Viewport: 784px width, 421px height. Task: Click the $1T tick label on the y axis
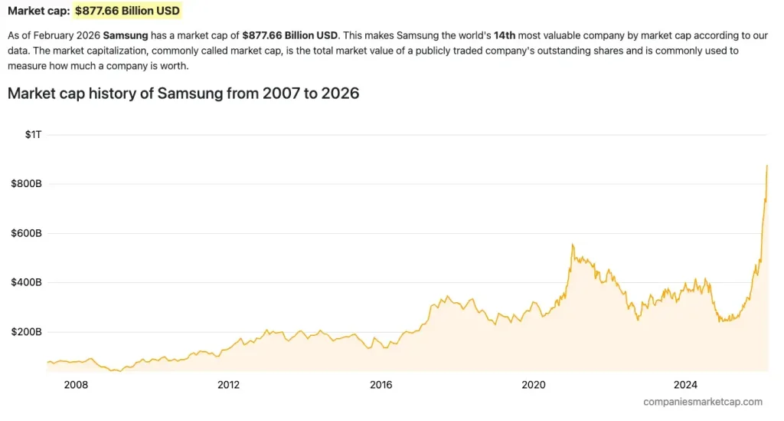tap(33, 134)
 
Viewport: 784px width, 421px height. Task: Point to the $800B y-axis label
tap(26, 184)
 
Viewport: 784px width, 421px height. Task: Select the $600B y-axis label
tap(26, 233)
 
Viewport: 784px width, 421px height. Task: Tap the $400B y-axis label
tap(26, 283)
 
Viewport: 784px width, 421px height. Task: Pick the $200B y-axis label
tap(26, 332)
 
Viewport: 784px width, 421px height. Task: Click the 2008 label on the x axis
tap(76, 384)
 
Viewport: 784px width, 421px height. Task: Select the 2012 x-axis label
tap(228, 384)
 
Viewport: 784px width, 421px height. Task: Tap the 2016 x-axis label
tap(381, 384)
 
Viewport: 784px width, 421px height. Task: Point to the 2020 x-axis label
tap(533, 384)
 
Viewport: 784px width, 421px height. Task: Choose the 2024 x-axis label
tap(685, 384)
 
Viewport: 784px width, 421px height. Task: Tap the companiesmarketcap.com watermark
tap(703, 402)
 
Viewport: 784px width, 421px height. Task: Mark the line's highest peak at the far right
tap(767, 166)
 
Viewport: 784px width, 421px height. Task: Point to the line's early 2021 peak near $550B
tap(572, 245)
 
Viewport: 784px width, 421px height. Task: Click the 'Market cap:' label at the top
tap(38, 12)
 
